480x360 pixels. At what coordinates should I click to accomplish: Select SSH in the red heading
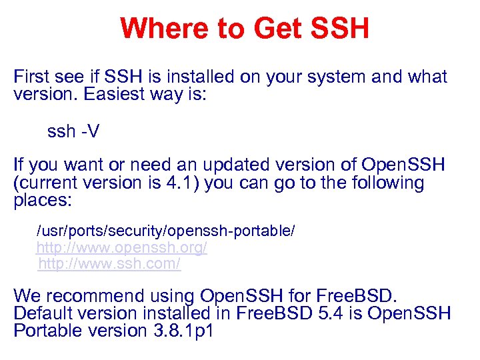340,29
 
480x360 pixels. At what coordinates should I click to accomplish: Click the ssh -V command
73,131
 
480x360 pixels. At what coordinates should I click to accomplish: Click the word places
42,200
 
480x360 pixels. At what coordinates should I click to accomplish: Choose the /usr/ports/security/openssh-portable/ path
165,231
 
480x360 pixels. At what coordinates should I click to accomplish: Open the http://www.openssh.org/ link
121,248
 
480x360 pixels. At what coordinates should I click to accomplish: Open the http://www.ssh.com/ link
109,264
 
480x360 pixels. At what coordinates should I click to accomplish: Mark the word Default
43,313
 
